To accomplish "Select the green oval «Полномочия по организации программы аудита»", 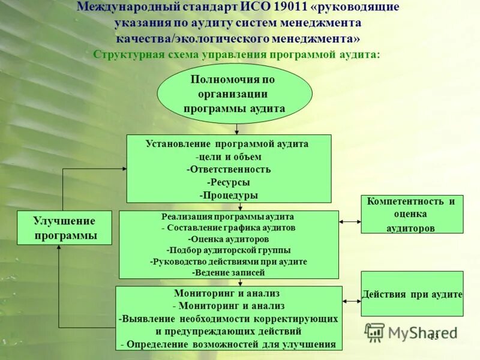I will (235, 94).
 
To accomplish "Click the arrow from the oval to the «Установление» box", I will (237, 129).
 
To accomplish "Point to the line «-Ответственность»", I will (229, 169).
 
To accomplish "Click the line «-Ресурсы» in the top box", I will (229, 182).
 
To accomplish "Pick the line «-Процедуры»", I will (229, 196).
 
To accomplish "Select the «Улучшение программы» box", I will (65, 228).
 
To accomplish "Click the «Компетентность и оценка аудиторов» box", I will (412, 214).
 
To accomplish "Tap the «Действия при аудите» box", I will (412, 294).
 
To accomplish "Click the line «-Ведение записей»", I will (229, 272).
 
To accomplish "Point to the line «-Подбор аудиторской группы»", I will (229, 250).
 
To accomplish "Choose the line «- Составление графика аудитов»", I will (229, 228).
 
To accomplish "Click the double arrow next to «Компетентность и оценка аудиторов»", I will (350, 221).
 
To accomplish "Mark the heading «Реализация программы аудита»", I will (229, 217).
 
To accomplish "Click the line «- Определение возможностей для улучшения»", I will (229, 344).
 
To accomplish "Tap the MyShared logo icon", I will (375, 332).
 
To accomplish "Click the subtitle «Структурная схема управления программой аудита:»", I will (237, 54).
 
